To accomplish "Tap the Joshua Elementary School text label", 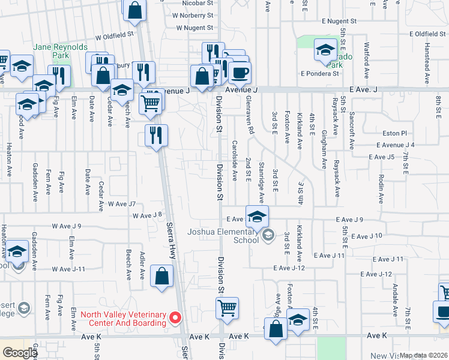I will tap(222, 236).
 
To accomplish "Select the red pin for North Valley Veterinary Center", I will tap(176, 317).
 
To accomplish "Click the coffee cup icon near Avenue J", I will tap(240, 73).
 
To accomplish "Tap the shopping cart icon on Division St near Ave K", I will tap(227, 309).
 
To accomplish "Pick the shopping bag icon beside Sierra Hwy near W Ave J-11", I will tap(161, 277).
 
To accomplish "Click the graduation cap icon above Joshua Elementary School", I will tap(257, 217).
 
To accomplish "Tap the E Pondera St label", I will tap(321, 73).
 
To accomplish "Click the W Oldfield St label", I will tap(113, 35).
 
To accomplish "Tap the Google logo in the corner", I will tap(20, 353).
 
